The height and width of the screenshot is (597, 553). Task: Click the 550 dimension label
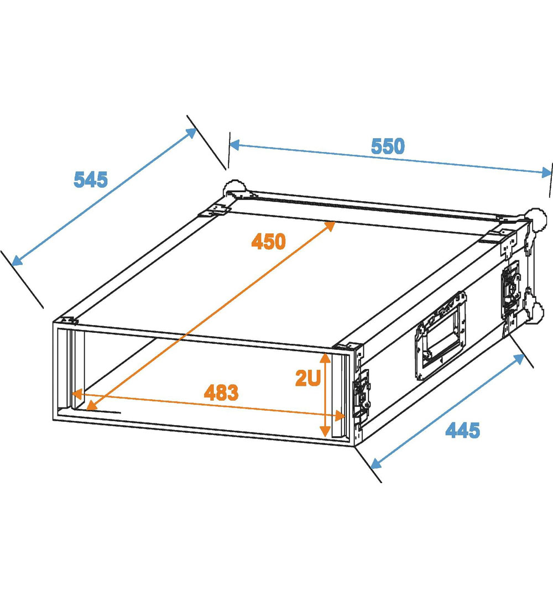[388, 146]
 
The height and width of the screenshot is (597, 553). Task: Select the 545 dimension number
[91, 179]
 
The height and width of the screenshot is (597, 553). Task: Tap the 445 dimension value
[463, 430]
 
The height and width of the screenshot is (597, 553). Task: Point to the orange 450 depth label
[268, 242]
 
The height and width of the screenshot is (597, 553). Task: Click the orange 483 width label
[221, 392]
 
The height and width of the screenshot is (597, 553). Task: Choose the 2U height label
[307, 378]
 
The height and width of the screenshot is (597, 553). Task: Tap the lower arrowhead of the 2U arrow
[325, 431]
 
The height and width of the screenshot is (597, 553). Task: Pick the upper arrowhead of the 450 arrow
[329, 226]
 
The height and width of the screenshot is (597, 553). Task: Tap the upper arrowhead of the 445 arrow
[519, 359]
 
